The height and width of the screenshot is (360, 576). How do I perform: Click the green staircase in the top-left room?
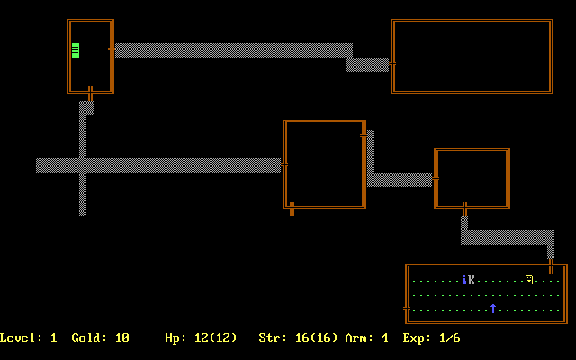(76, 50)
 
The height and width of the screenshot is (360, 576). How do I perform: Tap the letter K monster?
(472, 280)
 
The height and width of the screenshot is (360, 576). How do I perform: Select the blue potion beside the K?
(463, 280)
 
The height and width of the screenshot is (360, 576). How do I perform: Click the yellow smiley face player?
(529, 280)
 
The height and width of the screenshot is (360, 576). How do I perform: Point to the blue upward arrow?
(493, 309)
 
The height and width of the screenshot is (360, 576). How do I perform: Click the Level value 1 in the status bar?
(54, 338)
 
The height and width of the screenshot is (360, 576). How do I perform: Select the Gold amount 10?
(122, 338)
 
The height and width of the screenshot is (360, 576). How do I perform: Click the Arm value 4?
(385, 338)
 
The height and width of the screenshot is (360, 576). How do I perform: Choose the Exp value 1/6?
(450, 338)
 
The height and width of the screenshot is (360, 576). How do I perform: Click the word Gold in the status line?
(90, 338)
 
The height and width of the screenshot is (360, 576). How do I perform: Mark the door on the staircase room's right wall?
(112, 49)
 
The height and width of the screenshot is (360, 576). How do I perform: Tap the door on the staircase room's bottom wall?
(90, 92)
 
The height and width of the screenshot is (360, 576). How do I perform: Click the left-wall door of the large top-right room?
(392, 64)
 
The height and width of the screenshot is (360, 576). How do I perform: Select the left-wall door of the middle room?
(284, 165)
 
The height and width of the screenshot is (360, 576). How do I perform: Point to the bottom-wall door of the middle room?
(292, 208)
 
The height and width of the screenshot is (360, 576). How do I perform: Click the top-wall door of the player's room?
(551, 265)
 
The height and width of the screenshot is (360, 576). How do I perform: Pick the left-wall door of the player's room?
(407, 309)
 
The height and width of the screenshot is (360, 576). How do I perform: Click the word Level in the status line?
(18, 338)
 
